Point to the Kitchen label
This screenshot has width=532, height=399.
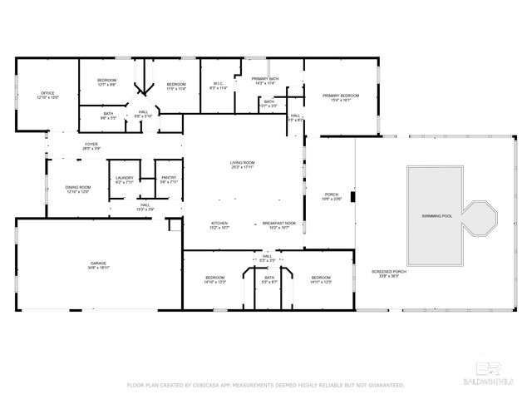tap(219, 224)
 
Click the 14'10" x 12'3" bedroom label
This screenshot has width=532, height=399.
tap(214, 278)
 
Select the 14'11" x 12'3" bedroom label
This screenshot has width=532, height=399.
tap(321, 278)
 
